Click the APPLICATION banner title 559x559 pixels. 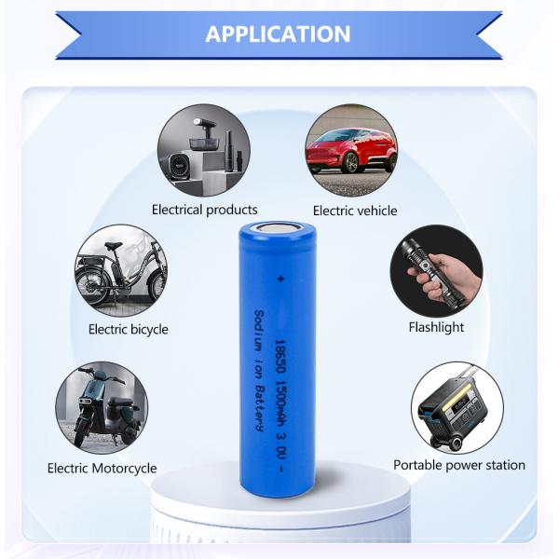(278, 34)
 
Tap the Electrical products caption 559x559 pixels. (205, 210)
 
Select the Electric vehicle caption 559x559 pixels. (355, 211)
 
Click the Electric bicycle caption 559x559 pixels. (129, 329)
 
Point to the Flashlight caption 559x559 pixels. (436, 327)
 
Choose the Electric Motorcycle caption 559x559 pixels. (102, 468)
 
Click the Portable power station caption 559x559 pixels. (459, 465)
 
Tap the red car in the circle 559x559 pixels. (351, 150)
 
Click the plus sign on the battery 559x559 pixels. (281, 279)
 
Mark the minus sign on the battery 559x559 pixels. (281, 469)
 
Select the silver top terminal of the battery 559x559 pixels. (278, 226)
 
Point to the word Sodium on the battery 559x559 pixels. (259, 331)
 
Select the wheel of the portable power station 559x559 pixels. (456, 443)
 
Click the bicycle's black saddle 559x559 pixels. (113, 246)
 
